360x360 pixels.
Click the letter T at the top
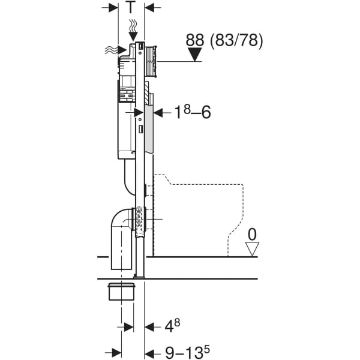(x=130, y=7)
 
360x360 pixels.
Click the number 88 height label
(x=194, y=40)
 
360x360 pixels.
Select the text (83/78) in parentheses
(x=236, y=41)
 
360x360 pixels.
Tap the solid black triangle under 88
(x=195, y=55)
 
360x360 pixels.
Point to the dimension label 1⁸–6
(x=192, y=112)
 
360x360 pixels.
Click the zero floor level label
(x=252, y=235)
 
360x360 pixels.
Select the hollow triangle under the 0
(x=252, y=249)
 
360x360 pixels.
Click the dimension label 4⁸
(x=172, y=326)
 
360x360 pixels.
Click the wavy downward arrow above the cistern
(x=133, y=30)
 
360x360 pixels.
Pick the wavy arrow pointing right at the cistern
(x=116, y=50)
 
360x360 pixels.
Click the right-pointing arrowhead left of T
(x=113, y=8)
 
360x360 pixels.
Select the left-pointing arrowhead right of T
(x=149, y=8)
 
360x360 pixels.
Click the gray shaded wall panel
(x=149, y=129)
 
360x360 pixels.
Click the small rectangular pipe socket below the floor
(x=121, y=292)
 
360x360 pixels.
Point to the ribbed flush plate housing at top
(x=151, y=61)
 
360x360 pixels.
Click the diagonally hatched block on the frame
(x=147, y=94)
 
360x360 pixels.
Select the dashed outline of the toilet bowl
(x=199, y=215)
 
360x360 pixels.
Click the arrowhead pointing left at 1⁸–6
(x=158, y=113)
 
